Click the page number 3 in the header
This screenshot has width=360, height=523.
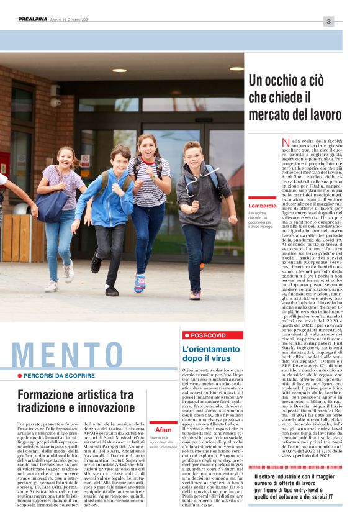coord(328,22)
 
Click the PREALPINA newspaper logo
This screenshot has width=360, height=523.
coord(32,20)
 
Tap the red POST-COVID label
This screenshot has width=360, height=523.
coord(212,335)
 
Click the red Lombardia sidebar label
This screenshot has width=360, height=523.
coord(262,205)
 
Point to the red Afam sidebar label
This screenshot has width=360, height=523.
coord(163,430)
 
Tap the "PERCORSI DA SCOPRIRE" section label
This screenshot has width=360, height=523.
coord(60,376)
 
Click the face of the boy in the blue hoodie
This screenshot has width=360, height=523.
coord(120,156)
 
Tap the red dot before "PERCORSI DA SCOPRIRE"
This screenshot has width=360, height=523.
coord(20,376)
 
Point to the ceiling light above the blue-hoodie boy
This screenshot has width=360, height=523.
coord(119,70)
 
